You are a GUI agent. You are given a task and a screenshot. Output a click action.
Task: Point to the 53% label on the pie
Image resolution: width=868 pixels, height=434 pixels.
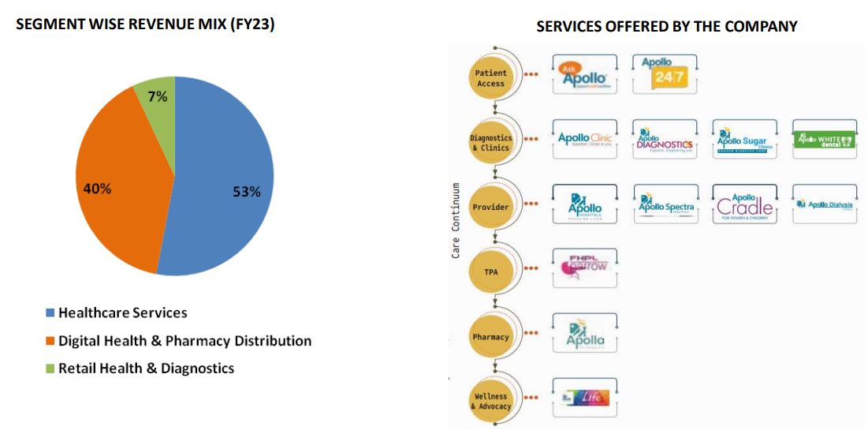tap(246, 192)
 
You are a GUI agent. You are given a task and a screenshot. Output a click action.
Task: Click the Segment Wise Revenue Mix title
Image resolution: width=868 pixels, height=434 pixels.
tap(146, 24)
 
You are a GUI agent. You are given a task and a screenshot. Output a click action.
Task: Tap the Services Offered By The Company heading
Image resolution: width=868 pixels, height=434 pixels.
tap(666, 26)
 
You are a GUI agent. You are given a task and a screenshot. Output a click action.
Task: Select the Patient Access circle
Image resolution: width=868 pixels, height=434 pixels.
tap(491, 77)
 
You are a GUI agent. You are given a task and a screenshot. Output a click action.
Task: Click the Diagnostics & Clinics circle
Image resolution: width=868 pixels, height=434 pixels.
tap(491, 142)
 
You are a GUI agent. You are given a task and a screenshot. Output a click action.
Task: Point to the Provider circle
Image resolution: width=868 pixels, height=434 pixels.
tap(491, 207)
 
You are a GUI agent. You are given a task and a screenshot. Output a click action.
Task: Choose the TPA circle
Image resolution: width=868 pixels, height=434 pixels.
tap(491, 271)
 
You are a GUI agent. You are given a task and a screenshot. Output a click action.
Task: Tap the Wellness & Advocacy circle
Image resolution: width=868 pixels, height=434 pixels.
tap(491, 401)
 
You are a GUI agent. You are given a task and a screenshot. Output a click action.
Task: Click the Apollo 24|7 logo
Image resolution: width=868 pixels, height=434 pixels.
tap(665, 74)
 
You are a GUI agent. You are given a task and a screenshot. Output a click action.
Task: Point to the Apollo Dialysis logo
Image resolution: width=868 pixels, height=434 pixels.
tap(823, 205)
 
